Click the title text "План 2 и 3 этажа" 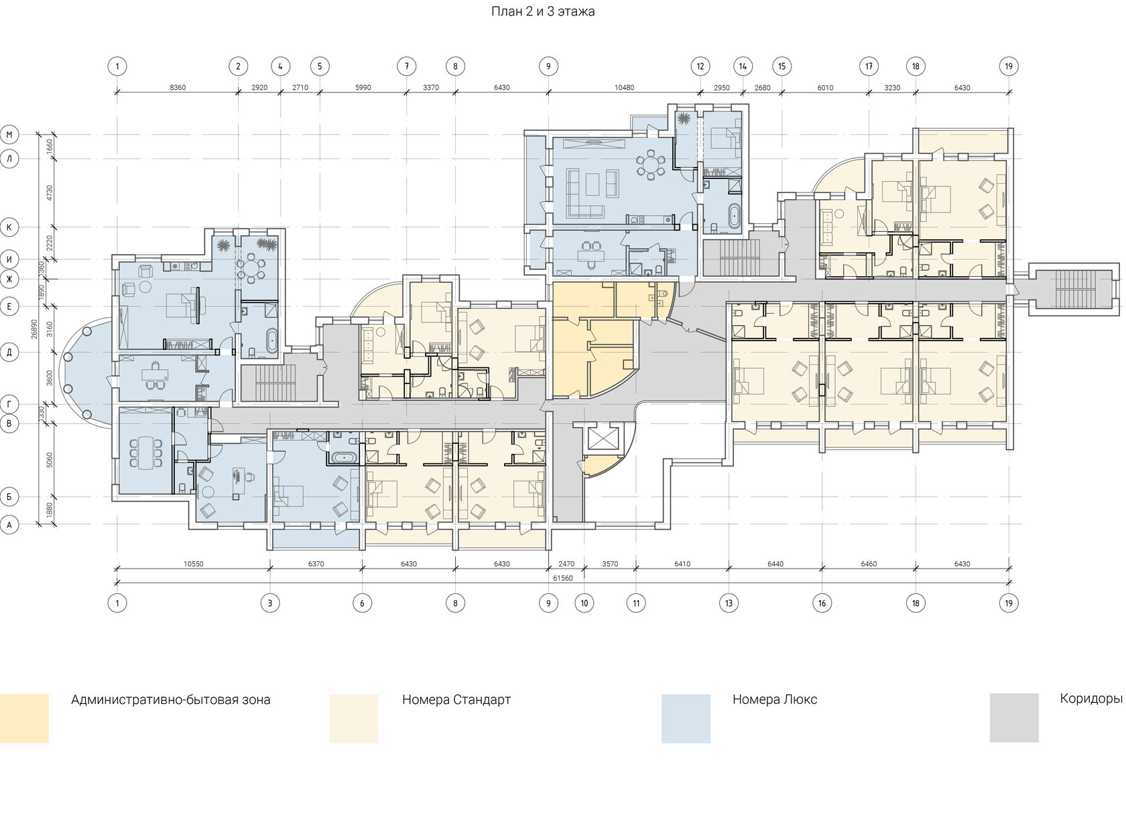point(543,11)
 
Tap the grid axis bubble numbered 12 point(700,66)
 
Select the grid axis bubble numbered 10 point(584,603)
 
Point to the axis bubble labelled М point(9,135)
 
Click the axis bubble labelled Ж point(9,279)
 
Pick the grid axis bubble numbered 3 point(270,603)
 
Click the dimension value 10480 point(625,87)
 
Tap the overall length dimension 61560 point(563,578)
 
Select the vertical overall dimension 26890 point(34,329)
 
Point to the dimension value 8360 point(178,87)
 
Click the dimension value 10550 point(194,564)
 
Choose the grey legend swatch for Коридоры point(1014,718)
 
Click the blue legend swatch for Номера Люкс point(686,719)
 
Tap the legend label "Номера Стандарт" point(456,700)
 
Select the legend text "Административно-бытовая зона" point(170,700)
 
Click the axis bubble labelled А point(9,525)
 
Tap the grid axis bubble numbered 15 point(781,66)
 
